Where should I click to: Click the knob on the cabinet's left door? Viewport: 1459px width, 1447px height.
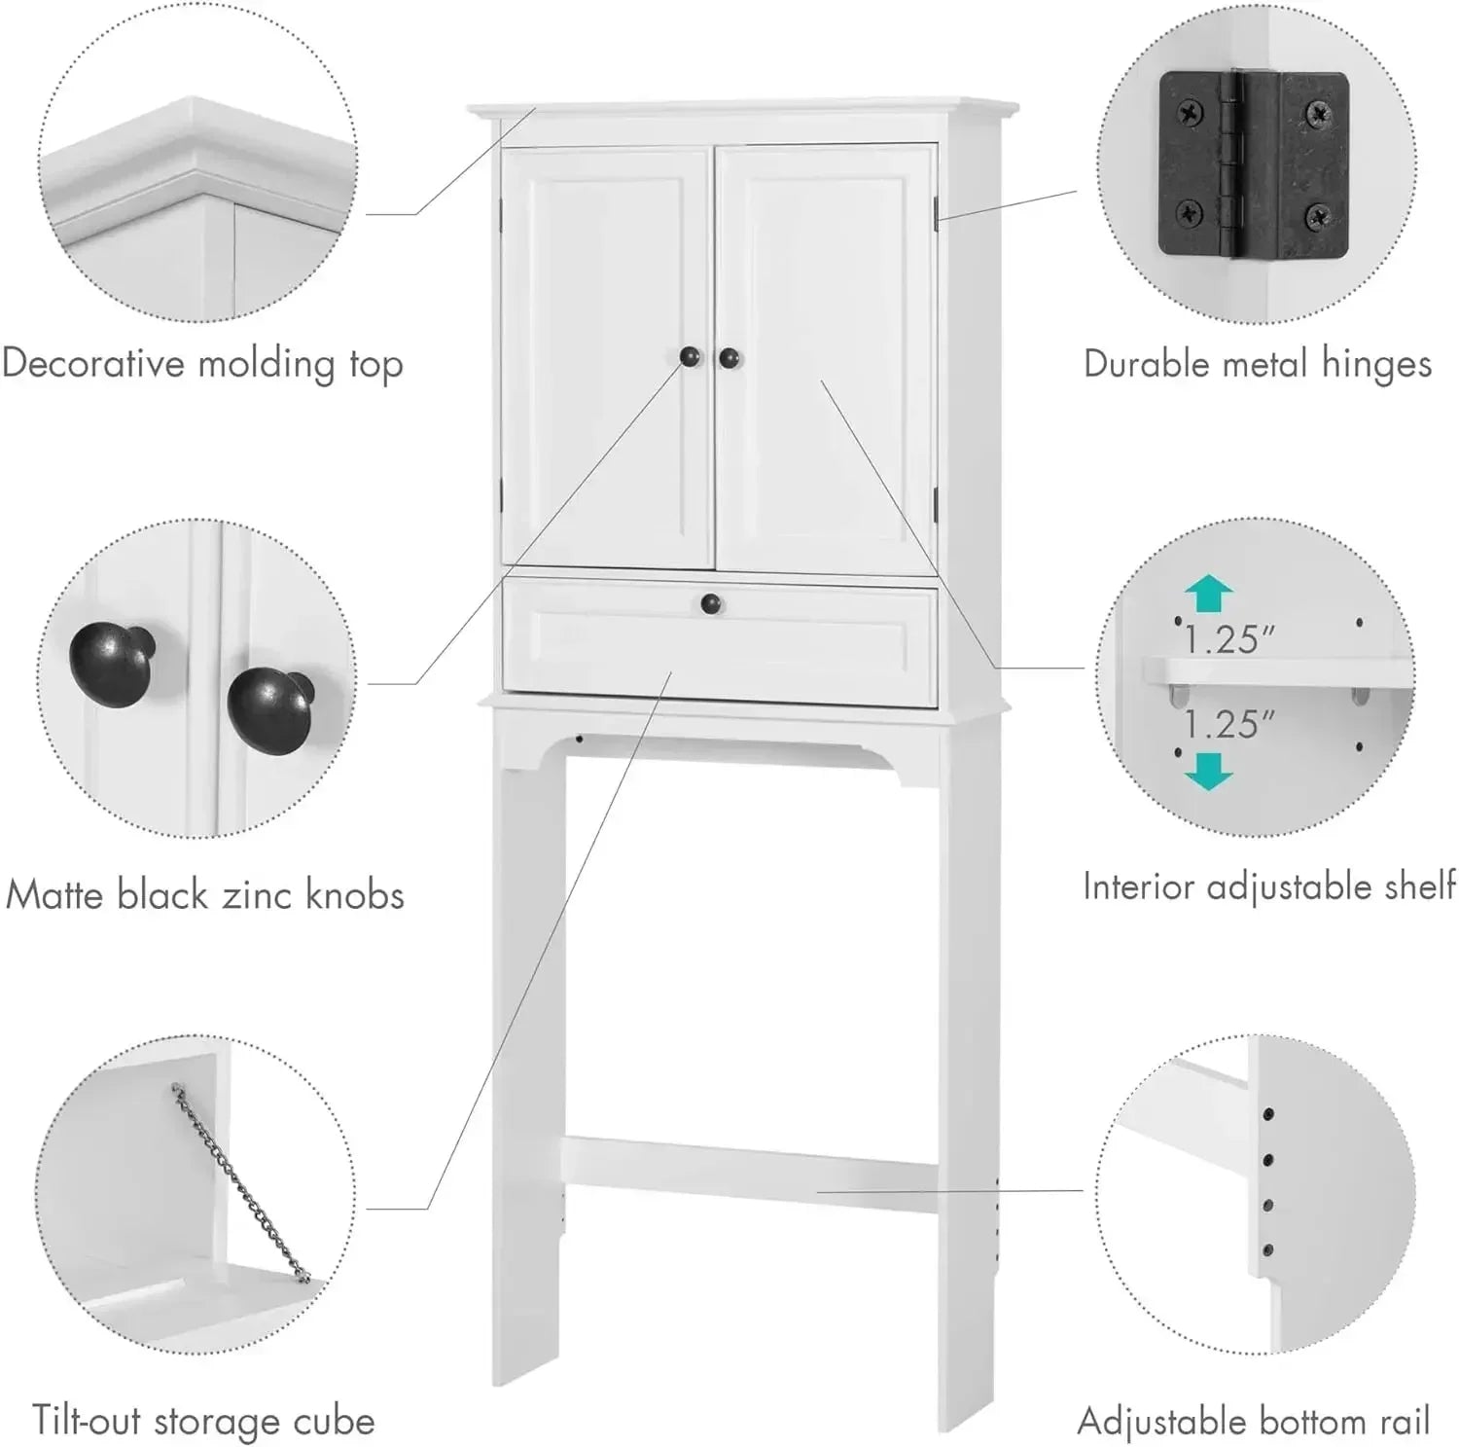pos(690,357)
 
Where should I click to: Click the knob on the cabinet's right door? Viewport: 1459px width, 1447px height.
pos(729,358)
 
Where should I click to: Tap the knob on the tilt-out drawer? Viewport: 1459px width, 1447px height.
pos(711,604)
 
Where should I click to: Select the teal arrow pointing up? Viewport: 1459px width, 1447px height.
pos(1209,594)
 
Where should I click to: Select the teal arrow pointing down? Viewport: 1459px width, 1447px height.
pos(1209,770)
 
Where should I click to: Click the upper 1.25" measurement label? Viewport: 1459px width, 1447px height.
pos(1228,639)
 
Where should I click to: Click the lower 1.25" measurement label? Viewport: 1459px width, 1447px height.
pos(1228,724)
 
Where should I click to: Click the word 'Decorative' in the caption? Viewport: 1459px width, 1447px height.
pos(93,363)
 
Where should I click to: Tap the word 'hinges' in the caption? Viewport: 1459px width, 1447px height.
pos(1375,364)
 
